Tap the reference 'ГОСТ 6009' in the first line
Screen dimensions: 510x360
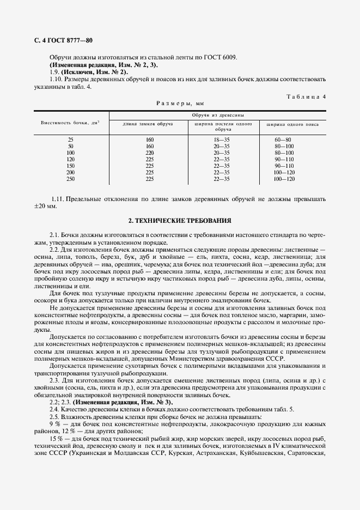tap(222, 57)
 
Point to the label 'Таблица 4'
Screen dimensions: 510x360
tap(306, 96)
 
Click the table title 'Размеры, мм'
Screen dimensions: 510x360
tap(179, 102)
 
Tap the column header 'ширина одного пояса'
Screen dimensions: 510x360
tap(292, 124)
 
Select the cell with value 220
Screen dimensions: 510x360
tap(150, 153)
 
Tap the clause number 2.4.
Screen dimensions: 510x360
tap(53, 409)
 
